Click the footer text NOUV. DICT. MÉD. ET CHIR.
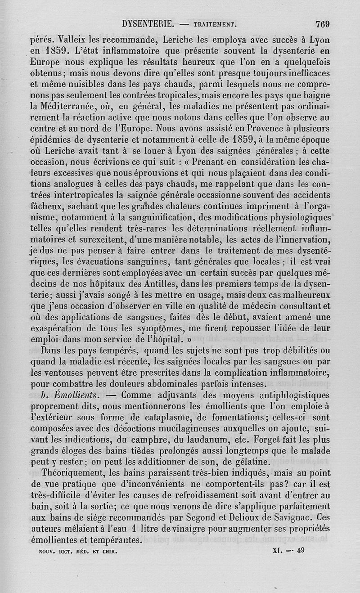(75, 550)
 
